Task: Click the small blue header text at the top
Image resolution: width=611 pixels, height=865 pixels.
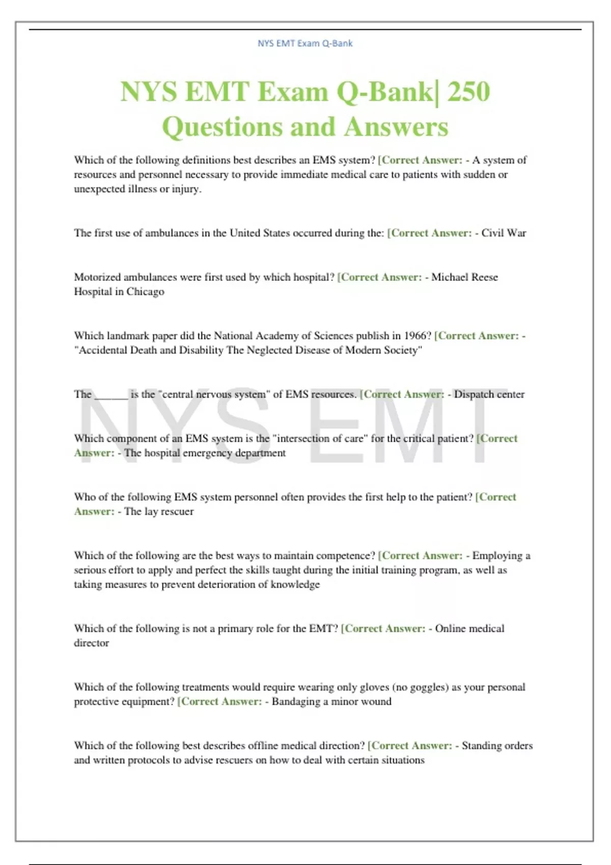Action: click(305, 43)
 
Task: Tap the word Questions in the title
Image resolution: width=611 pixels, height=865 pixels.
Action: click(221, 127)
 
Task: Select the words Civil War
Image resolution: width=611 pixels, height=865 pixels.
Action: click(504, 233)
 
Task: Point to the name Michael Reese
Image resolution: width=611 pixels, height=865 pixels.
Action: click(464, 277)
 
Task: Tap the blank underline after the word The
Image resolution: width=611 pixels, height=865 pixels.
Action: click(111, 395)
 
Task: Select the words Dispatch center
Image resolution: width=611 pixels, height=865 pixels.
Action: click(489, 394)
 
